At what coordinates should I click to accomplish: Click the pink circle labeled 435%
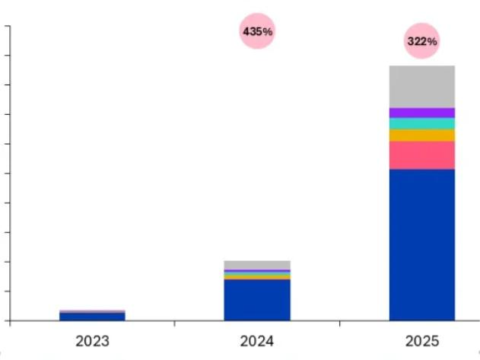(257, 32)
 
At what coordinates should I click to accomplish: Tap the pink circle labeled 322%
(422, 42)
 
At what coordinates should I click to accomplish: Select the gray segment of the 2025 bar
(422, 86)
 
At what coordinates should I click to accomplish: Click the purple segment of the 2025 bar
(422, 113)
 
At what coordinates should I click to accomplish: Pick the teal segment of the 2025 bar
(422, 123)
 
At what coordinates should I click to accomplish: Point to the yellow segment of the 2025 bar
(422, 135)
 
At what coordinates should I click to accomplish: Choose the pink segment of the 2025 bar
(422, 155)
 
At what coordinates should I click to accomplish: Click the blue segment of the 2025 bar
(422, 244)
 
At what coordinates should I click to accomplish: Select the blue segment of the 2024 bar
(257, 299)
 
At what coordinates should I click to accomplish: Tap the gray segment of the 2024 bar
(257, 265)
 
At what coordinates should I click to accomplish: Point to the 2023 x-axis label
(92, 340)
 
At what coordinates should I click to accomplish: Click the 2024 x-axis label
(257, 340)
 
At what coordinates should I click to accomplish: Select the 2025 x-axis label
(422, 340)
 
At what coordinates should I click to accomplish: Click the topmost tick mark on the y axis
(7, 27)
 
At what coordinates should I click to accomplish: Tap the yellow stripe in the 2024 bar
(257, 277)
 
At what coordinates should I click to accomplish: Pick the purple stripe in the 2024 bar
(257, 271)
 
